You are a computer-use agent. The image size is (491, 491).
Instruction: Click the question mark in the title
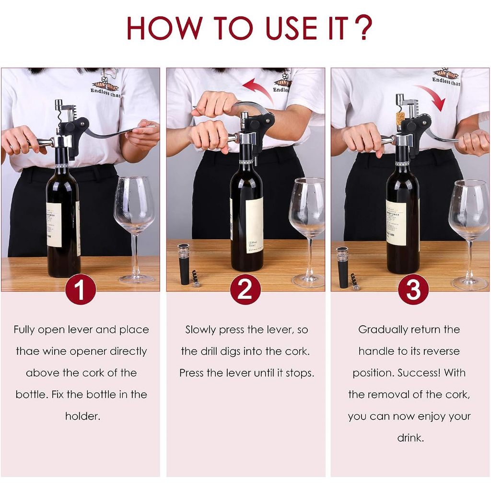364,28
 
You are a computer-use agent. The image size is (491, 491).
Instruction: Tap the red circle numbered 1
80,289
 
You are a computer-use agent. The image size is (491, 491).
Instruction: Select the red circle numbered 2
245,289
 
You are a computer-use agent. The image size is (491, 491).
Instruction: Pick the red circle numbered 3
413,289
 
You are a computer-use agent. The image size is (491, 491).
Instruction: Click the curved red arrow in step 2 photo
258,90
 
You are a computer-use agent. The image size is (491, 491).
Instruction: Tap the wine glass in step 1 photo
134,211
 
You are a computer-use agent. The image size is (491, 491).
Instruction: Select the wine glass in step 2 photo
307,211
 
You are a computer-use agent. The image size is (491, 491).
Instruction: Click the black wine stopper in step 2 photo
184,264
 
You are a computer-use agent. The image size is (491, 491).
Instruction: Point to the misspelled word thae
27,351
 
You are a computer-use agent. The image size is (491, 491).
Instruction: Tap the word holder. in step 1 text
82,416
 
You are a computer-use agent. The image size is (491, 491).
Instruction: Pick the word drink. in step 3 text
410,438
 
